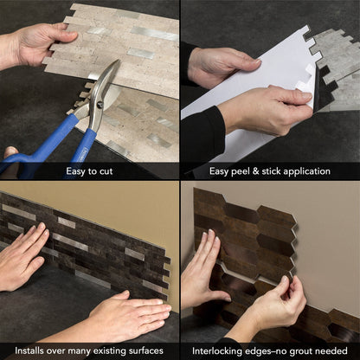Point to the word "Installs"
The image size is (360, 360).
click(30, 349)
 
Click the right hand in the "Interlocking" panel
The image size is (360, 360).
click(275, 305)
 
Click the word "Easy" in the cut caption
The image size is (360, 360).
click(76, 170)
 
